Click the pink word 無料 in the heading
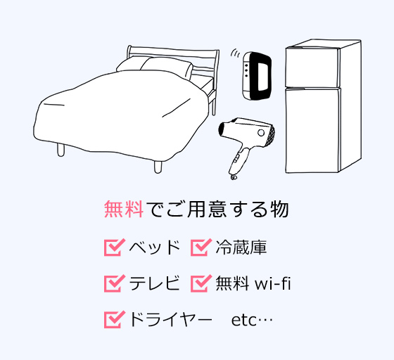click(x=124, y=209)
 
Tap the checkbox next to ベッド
click(x=114, y=247)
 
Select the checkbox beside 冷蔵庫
click(x=201, y=247)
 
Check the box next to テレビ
click(x=114, y=283)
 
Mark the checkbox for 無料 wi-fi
click(x=201, y=283)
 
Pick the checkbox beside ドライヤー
click(x=114, y=320)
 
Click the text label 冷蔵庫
click(x=241, y=247)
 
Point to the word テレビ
click(x=155, y=283)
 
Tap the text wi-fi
click(x=273, y=283)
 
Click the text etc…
click(x=252, y=321)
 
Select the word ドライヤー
click(x=170, y=320)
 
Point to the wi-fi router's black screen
click(x=263, y=75)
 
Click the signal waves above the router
click(x=235, y=53)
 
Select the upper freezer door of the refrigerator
click(x=312, y=67)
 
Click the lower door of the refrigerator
click(x=313, y=131)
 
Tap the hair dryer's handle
click(x=239, y=160)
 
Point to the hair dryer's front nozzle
click(x=222, y=129)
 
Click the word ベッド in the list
click(x=155, y=247)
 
